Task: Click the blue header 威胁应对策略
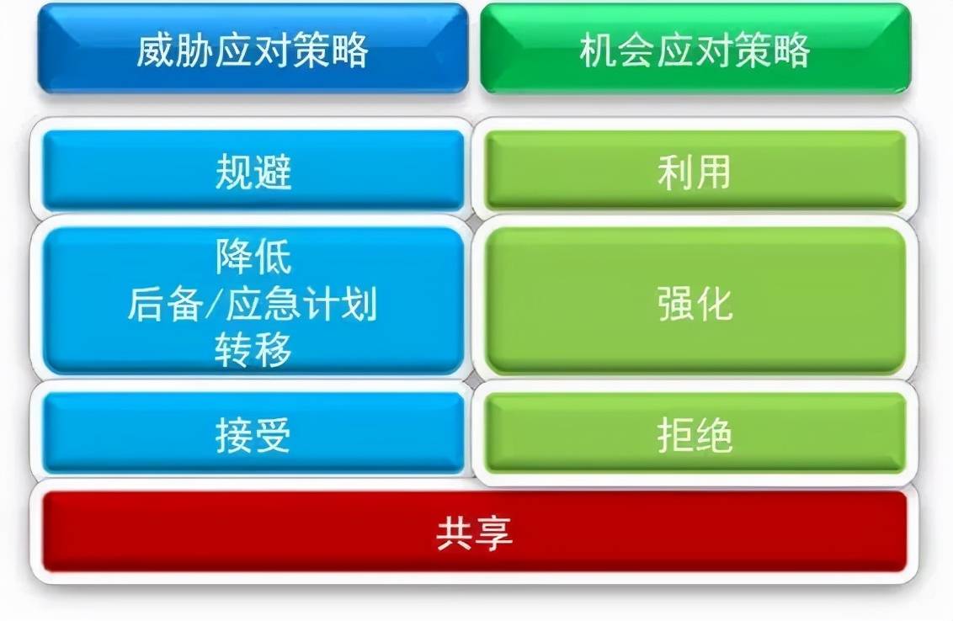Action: pos(253,49)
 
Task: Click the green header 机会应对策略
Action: pos(695,49)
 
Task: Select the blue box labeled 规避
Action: pos(253,171)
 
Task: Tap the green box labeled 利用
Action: pos(695,171)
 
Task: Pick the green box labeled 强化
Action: pos(695,301)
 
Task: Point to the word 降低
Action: pos(253,257)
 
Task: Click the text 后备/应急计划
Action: pos(252,304)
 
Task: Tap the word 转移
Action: pos(253,350)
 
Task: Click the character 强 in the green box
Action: pos(675,302)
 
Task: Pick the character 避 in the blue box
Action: pos(273,172)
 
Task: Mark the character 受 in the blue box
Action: pos(273,435)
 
